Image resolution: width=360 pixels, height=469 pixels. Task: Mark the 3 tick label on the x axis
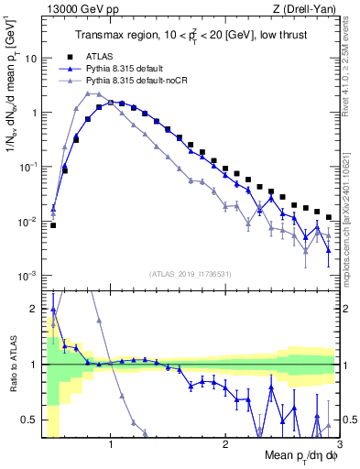tap(338, 445)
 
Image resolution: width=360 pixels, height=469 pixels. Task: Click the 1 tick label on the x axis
tap(111, 445)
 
